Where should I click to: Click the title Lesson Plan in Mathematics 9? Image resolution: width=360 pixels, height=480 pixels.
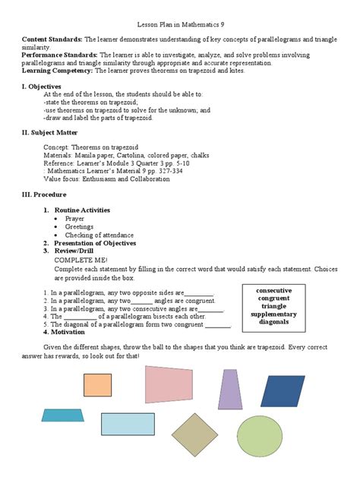click(x=180, y=25)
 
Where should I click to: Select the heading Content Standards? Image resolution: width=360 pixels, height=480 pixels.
click(x=52, y=39)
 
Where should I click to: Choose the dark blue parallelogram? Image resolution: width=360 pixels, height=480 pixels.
click(x=283, y=390)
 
